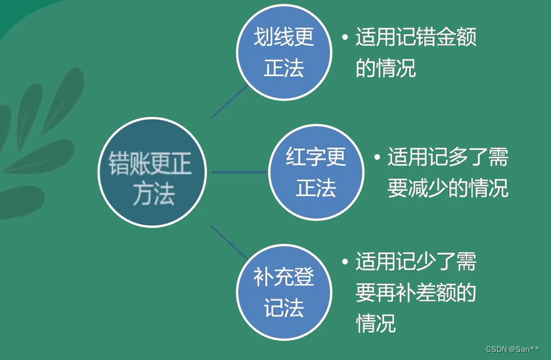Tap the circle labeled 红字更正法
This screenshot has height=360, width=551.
[316, 171]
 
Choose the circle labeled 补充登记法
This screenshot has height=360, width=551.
[284, 291]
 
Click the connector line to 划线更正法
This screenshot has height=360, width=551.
[230, 101]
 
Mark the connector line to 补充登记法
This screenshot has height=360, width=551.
[229, 245]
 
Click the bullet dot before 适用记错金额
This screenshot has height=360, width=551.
[345, 37]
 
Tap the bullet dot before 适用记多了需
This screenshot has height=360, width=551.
[377, 157]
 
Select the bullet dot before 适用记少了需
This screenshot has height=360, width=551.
[345, 262]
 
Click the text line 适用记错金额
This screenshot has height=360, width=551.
[415, 38]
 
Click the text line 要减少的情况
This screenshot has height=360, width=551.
[448, 188]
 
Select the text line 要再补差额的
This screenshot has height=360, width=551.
[415, 293]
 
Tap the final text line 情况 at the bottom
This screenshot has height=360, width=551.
[375, 323]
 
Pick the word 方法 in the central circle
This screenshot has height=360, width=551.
[153, 193]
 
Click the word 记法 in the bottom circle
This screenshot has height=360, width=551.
[284, 308]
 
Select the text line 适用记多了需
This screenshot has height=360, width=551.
[448, 157]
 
